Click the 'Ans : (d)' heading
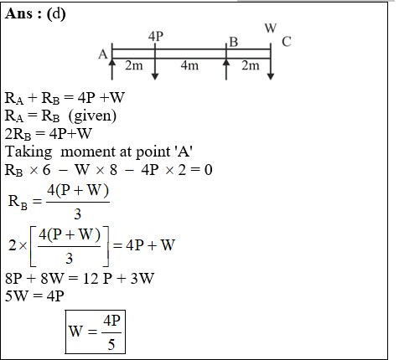[x=35, y=13]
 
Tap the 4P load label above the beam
[x=156, y=36]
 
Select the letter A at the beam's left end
[x=102, y=54]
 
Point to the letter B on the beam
[x=234, y=42]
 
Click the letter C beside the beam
[x=287, y=42]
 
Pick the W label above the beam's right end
[x=271, y=28]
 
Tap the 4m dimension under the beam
[x=189, y=65]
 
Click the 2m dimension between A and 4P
[x=134, y=65]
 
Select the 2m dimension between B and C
[x=251, y=65]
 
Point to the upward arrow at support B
[x=226, y=69]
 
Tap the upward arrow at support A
[x=112, y=69]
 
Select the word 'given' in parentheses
[x=92, y=116]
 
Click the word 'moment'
[x=88, y=152]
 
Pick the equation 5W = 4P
[x=34, y=296]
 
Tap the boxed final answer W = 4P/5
[x=96, y=332]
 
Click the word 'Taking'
[x=28, y=152]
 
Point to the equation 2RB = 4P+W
[x=49, y=134]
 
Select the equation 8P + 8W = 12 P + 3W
[x=80, y=279]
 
